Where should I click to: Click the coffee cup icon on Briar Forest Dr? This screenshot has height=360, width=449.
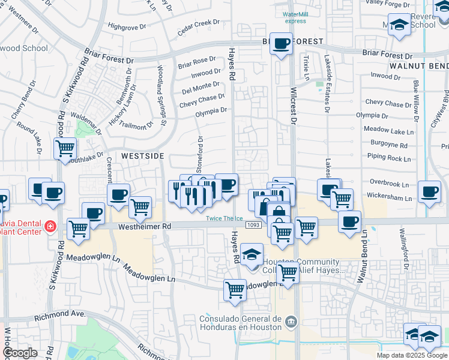point(280,44)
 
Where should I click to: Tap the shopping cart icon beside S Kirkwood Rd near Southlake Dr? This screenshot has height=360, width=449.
point(65,148)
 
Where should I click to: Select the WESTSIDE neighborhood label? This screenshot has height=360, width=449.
point(142,155)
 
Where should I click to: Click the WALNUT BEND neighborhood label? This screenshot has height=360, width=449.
point(418,65)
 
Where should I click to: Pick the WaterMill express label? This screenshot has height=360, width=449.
point(295,17)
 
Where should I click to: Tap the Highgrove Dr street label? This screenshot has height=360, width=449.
point(127,26)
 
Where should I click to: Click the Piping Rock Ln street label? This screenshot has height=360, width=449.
point(389,159)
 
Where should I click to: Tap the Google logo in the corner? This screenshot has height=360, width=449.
point(20,353)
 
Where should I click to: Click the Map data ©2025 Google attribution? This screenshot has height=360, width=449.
point(412,355)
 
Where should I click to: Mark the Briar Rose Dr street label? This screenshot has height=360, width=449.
point(196,61)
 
